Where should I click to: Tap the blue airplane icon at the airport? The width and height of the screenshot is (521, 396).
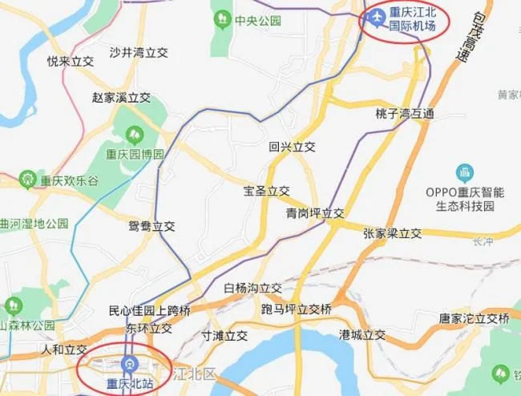tap(374, 16)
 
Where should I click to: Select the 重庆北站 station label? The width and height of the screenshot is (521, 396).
tap(131, 383)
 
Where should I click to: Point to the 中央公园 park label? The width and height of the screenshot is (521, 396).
tap(258, 21)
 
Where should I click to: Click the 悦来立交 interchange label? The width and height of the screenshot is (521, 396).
tap(70, 61)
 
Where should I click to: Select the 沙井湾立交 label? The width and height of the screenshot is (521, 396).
tap(138, 53)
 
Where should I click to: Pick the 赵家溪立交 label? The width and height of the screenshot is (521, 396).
tap(121, 98)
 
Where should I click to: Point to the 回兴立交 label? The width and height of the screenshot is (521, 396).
tap(293, 147)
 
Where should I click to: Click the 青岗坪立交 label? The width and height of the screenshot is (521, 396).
tap(315, 213)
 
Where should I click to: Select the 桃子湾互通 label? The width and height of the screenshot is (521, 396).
tap(404, 114)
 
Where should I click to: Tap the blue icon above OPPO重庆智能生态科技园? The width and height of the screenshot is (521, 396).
tap(464, 172)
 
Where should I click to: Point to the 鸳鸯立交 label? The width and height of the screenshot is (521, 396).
tap(151, 226)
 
